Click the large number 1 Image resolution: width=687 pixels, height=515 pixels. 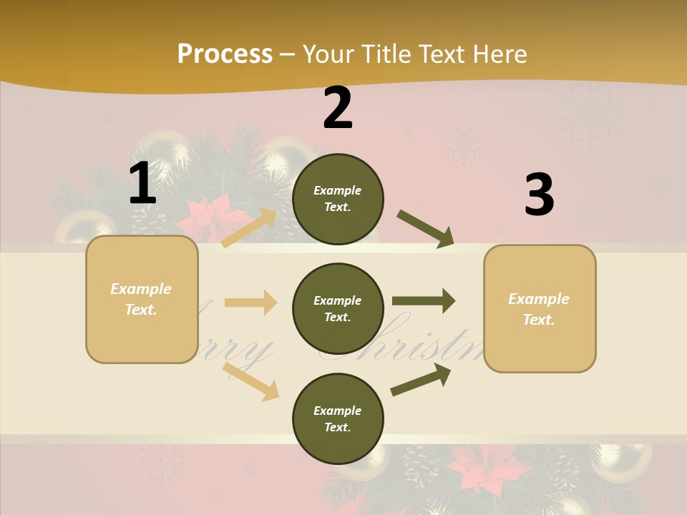coord(142,183)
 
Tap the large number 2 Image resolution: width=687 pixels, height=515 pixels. coord(338,108)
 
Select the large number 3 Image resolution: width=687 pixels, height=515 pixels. coord(539,195)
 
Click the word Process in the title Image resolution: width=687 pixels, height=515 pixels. coord(225,54)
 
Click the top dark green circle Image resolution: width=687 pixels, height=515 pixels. coord(338,199)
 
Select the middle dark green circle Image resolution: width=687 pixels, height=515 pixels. coord(338,308)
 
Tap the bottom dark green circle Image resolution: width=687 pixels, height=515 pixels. coord(338,418)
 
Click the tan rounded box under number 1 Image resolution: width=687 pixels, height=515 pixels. coord(142,299)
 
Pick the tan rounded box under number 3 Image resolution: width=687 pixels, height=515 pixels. coord(540,308)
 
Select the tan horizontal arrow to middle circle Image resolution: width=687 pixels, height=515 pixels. coord(250,303)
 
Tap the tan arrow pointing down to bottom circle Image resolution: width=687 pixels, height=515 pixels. coord(251,381)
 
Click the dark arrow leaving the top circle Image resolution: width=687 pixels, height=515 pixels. coord(426,229)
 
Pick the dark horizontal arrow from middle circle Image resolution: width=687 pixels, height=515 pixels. coord(424,301)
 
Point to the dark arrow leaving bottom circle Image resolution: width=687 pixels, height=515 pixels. coord(421,379)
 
